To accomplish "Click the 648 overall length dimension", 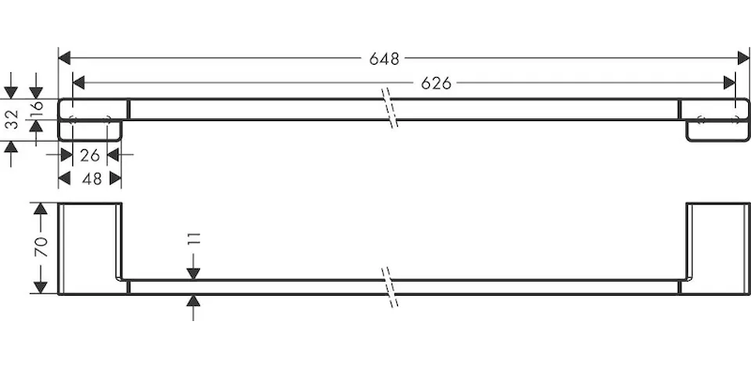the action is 384,58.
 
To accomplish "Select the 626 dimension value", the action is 436,84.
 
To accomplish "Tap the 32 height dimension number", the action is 12,120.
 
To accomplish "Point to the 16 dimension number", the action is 37,109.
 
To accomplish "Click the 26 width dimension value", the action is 89,155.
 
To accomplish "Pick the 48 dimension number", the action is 91,178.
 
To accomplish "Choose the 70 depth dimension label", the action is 41,247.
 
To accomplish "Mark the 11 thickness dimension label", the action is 194,239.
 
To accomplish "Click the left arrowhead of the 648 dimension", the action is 65,58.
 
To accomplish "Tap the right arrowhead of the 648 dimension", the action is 743,58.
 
